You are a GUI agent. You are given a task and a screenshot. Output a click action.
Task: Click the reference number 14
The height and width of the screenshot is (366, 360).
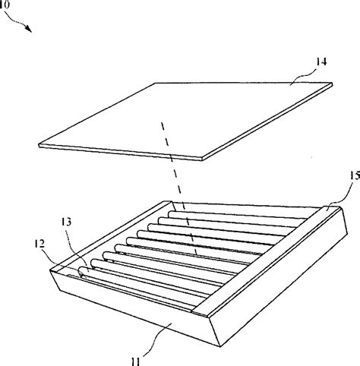point(321,62)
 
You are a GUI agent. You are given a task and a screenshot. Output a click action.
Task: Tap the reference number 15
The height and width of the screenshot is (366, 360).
point(355,175)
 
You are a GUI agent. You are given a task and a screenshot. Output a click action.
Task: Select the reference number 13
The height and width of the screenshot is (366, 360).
point(66,222)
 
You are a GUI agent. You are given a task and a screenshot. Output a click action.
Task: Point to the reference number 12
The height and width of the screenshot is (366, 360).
point(39,244)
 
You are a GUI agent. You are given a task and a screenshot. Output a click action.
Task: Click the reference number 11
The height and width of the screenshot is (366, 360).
point(136,361)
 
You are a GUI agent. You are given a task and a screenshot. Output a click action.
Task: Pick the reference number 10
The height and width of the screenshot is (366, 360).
point(5,5)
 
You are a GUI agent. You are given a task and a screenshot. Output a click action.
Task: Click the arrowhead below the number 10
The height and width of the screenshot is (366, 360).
point(29,28)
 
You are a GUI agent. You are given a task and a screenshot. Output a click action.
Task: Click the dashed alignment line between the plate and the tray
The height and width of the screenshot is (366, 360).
point(179,188)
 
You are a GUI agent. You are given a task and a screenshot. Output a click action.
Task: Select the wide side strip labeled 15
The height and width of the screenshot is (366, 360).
point(266,258)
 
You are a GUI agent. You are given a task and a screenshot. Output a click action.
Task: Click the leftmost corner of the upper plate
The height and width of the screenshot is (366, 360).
point(39,146)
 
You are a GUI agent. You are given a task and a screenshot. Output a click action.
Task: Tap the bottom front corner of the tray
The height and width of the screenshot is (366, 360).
point(220,346)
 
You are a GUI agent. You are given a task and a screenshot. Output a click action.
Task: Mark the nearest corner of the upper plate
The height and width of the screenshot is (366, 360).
point(203,159)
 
